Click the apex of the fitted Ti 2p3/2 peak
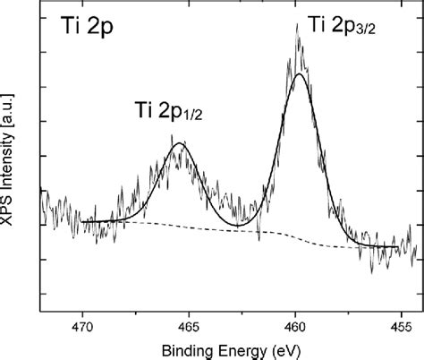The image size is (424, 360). pyautogui.click(x=300, y=74)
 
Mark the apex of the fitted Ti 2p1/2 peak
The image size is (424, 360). pyautogui.click(x=181, y=143)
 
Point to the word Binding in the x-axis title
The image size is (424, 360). pyautogui.click(x=188, y=347)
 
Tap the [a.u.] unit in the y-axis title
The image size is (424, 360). pyautogui.click(x=12, y=107)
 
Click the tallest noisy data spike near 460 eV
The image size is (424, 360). pyautogui.click(x=296, y=25)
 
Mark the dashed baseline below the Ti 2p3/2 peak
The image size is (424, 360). pyautogui.click(x=300, y=236)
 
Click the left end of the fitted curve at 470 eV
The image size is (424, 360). pyautogui.click(x=82, y=221)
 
